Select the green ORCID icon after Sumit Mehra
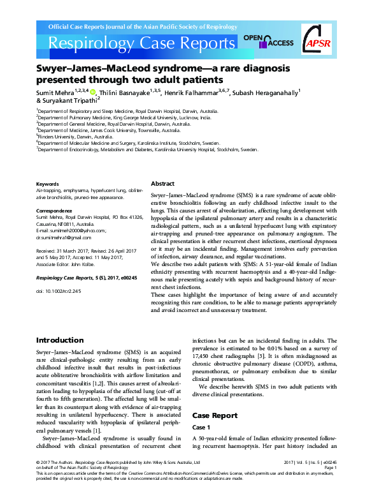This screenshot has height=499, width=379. (x=92, y=92)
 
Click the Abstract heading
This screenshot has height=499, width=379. (x=162, y=182)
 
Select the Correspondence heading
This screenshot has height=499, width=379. (x=54, y=209)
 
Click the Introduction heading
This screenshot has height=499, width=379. (x=60, y=340)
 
